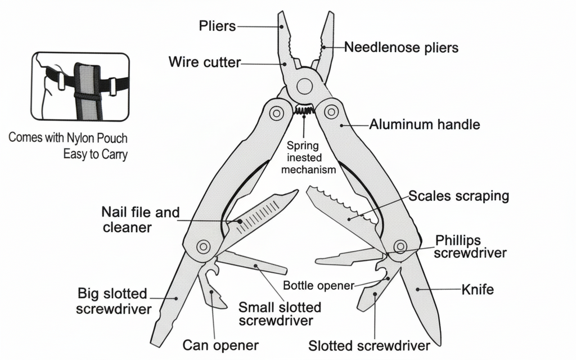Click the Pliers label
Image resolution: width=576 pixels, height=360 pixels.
coord(217,26)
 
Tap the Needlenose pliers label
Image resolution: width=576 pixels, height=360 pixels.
coord(401,47)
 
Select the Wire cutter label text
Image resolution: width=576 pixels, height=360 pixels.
coord(205,62)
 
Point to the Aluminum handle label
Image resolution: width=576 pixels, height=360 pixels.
coord(425,124)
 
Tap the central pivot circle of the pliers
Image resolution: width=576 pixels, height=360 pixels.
coord(304,86)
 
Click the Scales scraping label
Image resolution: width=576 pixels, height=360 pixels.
coord(458,196)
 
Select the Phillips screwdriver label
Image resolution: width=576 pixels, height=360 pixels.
coord(471,246)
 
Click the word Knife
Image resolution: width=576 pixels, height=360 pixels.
coord(478,290)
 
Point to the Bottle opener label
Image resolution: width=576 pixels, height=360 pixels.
coord(318,285)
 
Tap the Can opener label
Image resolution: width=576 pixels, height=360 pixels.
coord(220,344)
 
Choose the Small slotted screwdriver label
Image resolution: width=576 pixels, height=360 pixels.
coord(280,314)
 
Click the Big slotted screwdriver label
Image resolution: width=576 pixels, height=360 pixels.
coord(114,301)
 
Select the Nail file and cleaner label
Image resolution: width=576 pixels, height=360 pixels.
coord(140,219)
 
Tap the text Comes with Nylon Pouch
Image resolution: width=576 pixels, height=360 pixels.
coord(68,137)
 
